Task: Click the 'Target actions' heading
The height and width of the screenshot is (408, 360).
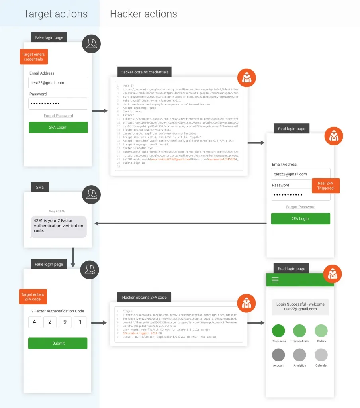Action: pyautogui.click(x=55, y=14)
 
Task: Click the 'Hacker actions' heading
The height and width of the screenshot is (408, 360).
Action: pyautogui.click(x=143, y=14)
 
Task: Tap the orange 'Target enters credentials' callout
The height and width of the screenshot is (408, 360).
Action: pyautogui.click(x=33, y=57)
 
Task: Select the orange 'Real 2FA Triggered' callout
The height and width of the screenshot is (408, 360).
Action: pyautogui.click(x=325, y=186)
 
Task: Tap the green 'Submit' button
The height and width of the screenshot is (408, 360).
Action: pyautogui.click(x=58, y=343)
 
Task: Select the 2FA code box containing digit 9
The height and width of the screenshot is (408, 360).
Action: pyautogui.click(x=65, y=322)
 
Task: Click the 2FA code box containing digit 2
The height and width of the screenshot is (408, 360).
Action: pyautogui.click(x=50, y=322)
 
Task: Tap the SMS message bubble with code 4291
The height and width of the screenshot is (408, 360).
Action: pyautogui.click(x=59, y=226)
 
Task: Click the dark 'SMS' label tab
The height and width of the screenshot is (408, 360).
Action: pyautogui.click(x=40, y=187)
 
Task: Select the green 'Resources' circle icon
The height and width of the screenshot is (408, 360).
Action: pyautogui.click(x=279, y=331)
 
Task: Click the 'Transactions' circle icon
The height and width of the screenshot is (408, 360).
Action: pyautogui.click(x=299, y=331)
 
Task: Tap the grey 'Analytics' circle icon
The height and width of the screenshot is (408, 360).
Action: pyautogui.click(x=299, y=355)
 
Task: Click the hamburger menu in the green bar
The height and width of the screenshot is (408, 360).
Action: pyautogui.click(x=275, y=280)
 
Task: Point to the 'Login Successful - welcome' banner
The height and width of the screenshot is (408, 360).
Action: pyautogui.click(x=300, y=306)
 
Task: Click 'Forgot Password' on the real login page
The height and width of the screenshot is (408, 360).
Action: pyautogui.click(x=301, y=207)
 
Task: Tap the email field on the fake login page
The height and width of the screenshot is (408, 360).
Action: pyautogui.click(x=58, y=83)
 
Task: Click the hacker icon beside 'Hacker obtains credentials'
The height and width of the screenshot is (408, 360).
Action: pyautogui.click(x=247, y=78)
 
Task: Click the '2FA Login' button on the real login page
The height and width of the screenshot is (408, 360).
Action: pyautogui.click(x=300, y=218)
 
